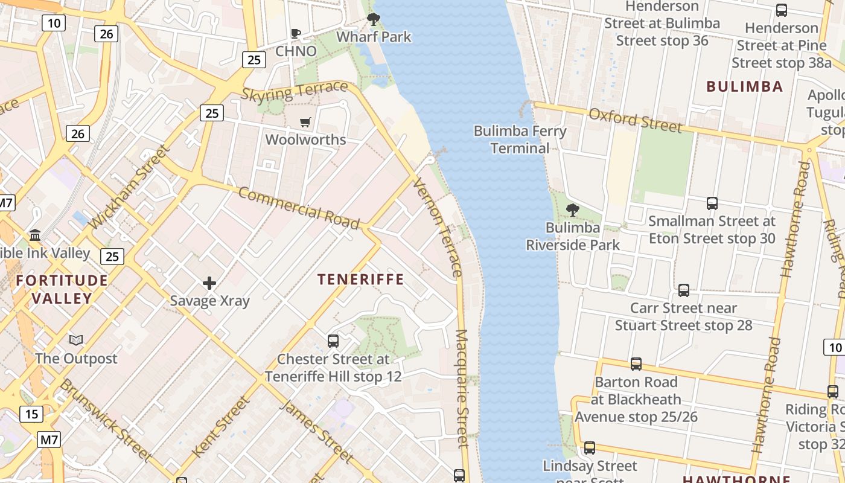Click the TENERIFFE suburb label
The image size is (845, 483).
click(x=360, y=279)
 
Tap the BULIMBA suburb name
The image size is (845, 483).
click(x=744, y=86)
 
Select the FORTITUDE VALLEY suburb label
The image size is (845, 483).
click(x=62, y=289)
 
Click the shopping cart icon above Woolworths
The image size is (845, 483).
click(x=305, y=123)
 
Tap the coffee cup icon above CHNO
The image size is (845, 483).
click(x=296, y=34)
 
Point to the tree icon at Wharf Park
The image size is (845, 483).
click(x=374, y=19)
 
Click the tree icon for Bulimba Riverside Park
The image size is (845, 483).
click(x=572, y=210)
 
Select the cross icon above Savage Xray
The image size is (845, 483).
click(x=209, y=283)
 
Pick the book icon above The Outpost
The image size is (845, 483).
click(x=75, y=341)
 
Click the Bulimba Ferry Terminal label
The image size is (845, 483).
click(x=520, y=139)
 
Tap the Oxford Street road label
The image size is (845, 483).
click(x=635, y=120)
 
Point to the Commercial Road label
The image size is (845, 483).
click(x=299, y=208)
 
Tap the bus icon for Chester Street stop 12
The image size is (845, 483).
click(x=333, y=341)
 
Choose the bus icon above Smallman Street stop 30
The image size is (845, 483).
click(x=712, y=203)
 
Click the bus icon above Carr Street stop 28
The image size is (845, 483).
click(x=683, y=290)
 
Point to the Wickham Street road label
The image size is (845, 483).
click(x=127, y=187)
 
